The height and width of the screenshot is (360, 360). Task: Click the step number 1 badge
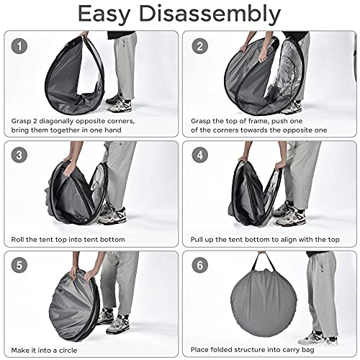pos(19,46)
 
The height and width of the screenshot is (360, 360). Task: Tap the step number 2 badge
pos(199,46)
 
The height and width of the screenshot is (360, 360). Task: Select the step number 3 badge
pos(19,155)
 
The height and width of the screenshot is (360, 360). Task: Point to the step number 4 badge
pos(199,155)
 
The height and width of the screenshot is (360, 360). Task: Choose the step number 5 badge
pos(19,265)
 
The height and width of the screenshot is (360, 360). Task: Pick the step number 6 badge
pos(199,265)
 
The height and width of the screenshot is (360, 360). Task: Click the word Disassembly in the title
pos(210,14)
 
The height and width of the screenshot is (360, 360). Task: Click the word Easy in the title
pos(104,14)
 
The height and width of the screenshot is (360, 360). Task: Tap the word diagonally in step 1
pos(56,121)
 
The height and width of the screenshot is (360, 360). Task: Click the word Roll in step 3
pos(17,239)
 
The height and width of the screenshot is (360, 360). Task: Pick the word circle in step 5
pos(68,351)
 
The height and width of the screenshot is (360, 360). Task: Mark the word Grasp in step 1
pos(22,121)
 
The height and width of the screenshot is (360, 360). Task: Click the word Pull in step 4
pos(197,240)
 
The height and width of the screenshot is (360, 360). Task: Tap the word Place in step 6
pos(199,350)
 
